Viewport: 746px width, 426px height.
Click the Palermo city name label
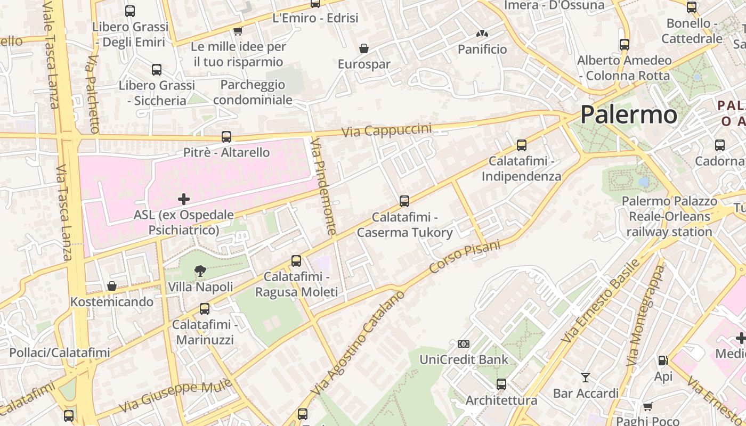[x=629, y=114]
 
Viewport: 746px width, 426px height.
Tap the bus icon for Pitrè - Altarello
[x=226, y=137]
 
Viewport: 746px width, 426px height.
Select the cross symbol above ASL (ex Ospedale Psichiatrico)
[x=184, y=199]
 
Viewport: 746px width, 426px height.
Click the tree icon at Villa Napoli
[x=200, y=271]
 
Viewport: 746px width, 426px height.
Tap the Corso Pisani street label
[x=465, y=257]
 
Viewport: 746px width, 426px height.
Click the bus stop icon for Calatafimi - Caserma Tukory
[x=404, y=201]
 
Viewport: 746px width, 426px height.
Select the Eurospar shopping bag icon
[x=364, y=49]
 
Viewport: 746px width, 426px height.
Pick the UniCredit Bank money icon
[x=464, y=344]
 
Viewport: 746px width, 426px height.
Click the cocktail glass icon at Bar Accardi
[x=586, y=378]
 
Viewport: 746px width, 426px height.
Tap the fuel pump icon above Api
[x=663, y=361]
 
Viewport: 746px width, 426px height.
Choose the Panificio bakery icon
[x=482, y=34]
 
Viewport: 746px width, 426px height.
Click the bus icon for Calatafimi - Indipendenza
[x=522, y=145]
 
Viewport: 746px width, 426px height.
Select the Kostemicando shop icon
[x=112, y=286]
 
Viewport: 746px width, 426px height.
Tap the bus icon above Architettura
[x=501, y=384]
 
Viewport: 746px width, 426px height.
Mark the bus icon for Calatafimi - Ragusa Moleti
[x=296, y=261]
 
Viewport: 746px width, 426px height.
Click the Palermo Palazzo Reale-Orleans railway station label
[x=669, y=216]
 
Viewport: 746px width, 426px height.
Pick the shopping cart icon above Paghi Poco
[x=647, y=407]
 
